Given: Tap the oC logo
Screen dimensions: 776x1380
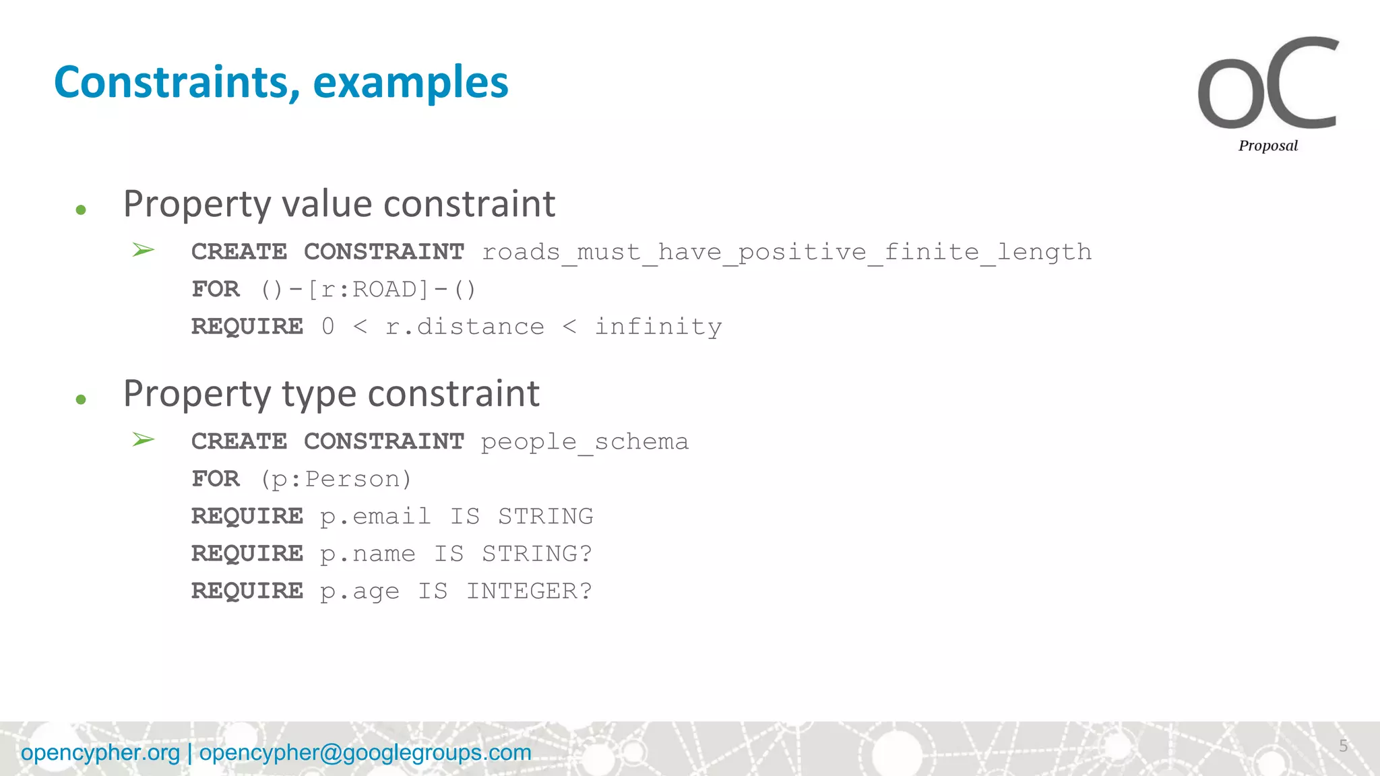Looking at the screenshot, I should point(1267,84).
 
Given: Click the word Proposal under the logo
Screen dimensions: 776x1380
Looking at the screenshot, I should point(1267,145).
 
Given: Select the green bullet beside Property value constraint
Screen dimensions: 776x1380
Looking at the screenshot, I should point(81,210).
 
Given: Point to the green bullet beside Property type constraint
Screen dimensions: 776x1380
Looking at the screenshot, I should point(81,399).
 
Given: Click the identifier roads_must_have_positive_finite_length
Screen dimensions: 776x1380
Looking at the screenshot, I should point(786,252).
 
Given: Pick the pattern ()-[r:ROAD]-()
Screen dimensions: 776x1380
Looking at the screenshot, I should point(368,290).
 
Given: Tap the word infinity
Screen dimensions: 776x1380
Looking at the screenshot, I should point(658,327).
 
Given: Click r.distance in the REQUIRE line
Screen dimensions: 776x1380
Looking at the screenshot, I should point(464,327).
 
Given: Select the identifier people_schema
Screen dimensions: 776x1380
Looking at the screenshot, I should point(584,442).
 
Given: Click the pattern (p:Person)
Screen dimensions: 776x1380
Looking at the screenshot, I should point(336,479).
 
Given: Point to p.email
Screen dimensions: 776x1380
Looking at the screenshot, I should point(375,517).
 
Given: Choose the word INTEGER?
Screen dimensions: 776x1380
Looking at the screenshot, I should point(529,591).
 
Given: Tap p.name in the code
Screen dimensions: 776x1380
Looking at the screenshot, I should point(367,554).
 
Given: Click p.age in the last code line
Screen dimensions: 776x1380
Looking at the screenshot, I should point(359,591).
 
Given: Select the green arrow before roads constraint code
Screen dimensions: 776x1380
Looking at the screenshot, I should point(143,251).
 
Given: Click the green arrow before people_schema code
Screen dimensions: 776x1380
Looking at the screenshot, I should point(143,440).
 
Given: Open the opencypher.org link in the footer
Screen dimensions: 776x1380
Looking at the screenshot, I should point(100,752).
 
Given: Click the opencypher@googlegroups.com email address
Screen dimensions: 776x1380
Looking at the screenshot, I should point(365,752).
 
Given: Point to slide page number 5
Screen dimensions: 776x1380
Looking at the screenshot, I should point(1343,746).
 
